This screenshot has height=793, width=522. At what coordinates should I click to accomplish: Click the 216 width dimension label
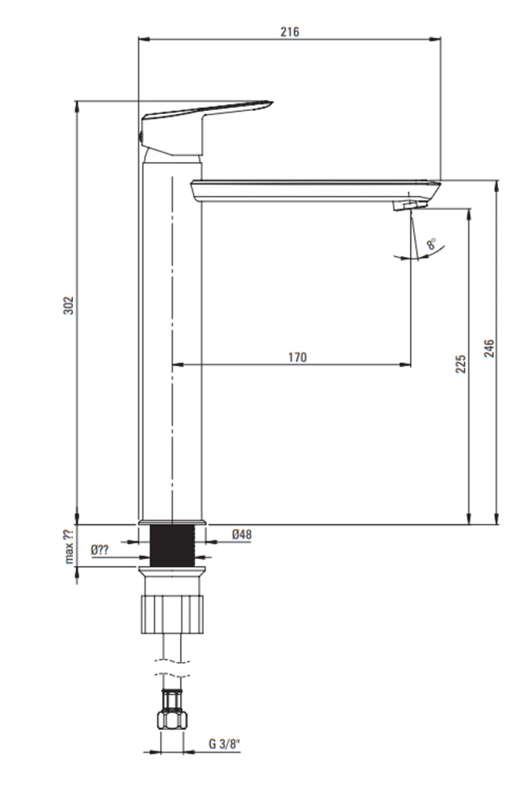pos(290,32)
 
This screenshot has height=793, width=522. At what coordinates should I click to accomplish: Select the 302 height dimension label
pos(68,305)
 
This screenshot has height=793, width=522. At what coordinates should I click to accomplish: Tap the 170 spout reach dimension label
pos(297,357)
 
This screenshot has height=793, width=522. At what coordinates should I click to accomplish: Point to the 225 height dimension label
pos(461,364)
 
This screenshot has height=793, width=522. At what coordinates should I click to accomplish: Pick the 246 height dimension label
pos(489,348)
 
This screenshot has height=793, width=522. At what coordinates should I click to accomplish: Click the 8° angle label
pos(432,243)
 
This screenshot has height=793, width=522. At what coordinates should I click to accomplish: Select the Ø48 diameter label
pos(242,534)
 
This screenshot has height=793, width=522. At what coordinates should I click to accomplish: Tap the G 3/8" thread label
pos(225,744)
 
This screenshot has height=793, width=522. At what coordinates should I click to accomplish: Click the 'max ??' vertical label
pos(69,546)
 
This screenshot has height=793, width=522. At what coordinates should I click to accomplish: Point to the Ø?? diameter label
pos(100,550)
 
